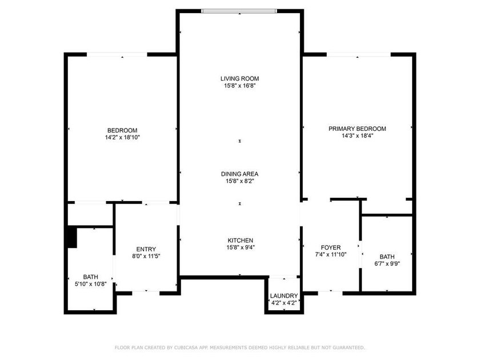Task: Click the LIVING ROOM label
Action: pyautogui.click(x=240, y=78)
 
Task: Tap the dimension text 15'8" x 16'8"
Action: pyautogui.click(x=240, y=86)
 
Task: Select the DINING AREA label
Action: pyautogui.click(x=240, y=174)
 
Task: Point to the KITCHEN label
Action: pyautogui.click(x=240, y=240)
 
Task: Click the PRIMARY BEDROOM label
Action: pyautogui.click(x=357, y=129)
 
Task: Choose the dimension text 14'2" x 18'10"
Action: pyautogui.click(x=122, y=138)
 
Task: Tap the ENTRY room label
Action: pyautogui.click(x=146, y=249)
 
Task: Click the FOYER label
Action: pyautogui.click(x=331, y=247)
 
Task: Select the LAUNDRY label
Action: pyautogui.click(x=284, y=296)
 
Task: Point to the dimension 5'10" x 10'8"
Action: pyautogui.click(x=91, y=284)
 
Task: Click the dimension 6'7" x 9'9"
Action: pyautogui.click(x=387, y=264)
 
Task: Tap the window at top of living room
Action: pyautogui.click(x=240, y=11)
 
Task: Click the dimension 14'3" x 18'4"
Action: pyautogui.click(x=357, y=136)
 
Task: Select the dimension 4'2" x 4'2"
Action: pyautogui.click(x=284, y=303)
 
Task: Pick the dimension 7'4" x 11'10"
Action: pyautogui.click(x=331, y=255)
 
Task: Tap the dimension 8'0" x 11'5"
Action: pyautogui.click(x=146, y=256)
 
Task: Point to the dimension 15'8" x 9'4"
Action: pyautogui.click(x=240, y=247)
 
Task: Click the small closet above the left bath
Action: pyautogui.click(x=90, y=214)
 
